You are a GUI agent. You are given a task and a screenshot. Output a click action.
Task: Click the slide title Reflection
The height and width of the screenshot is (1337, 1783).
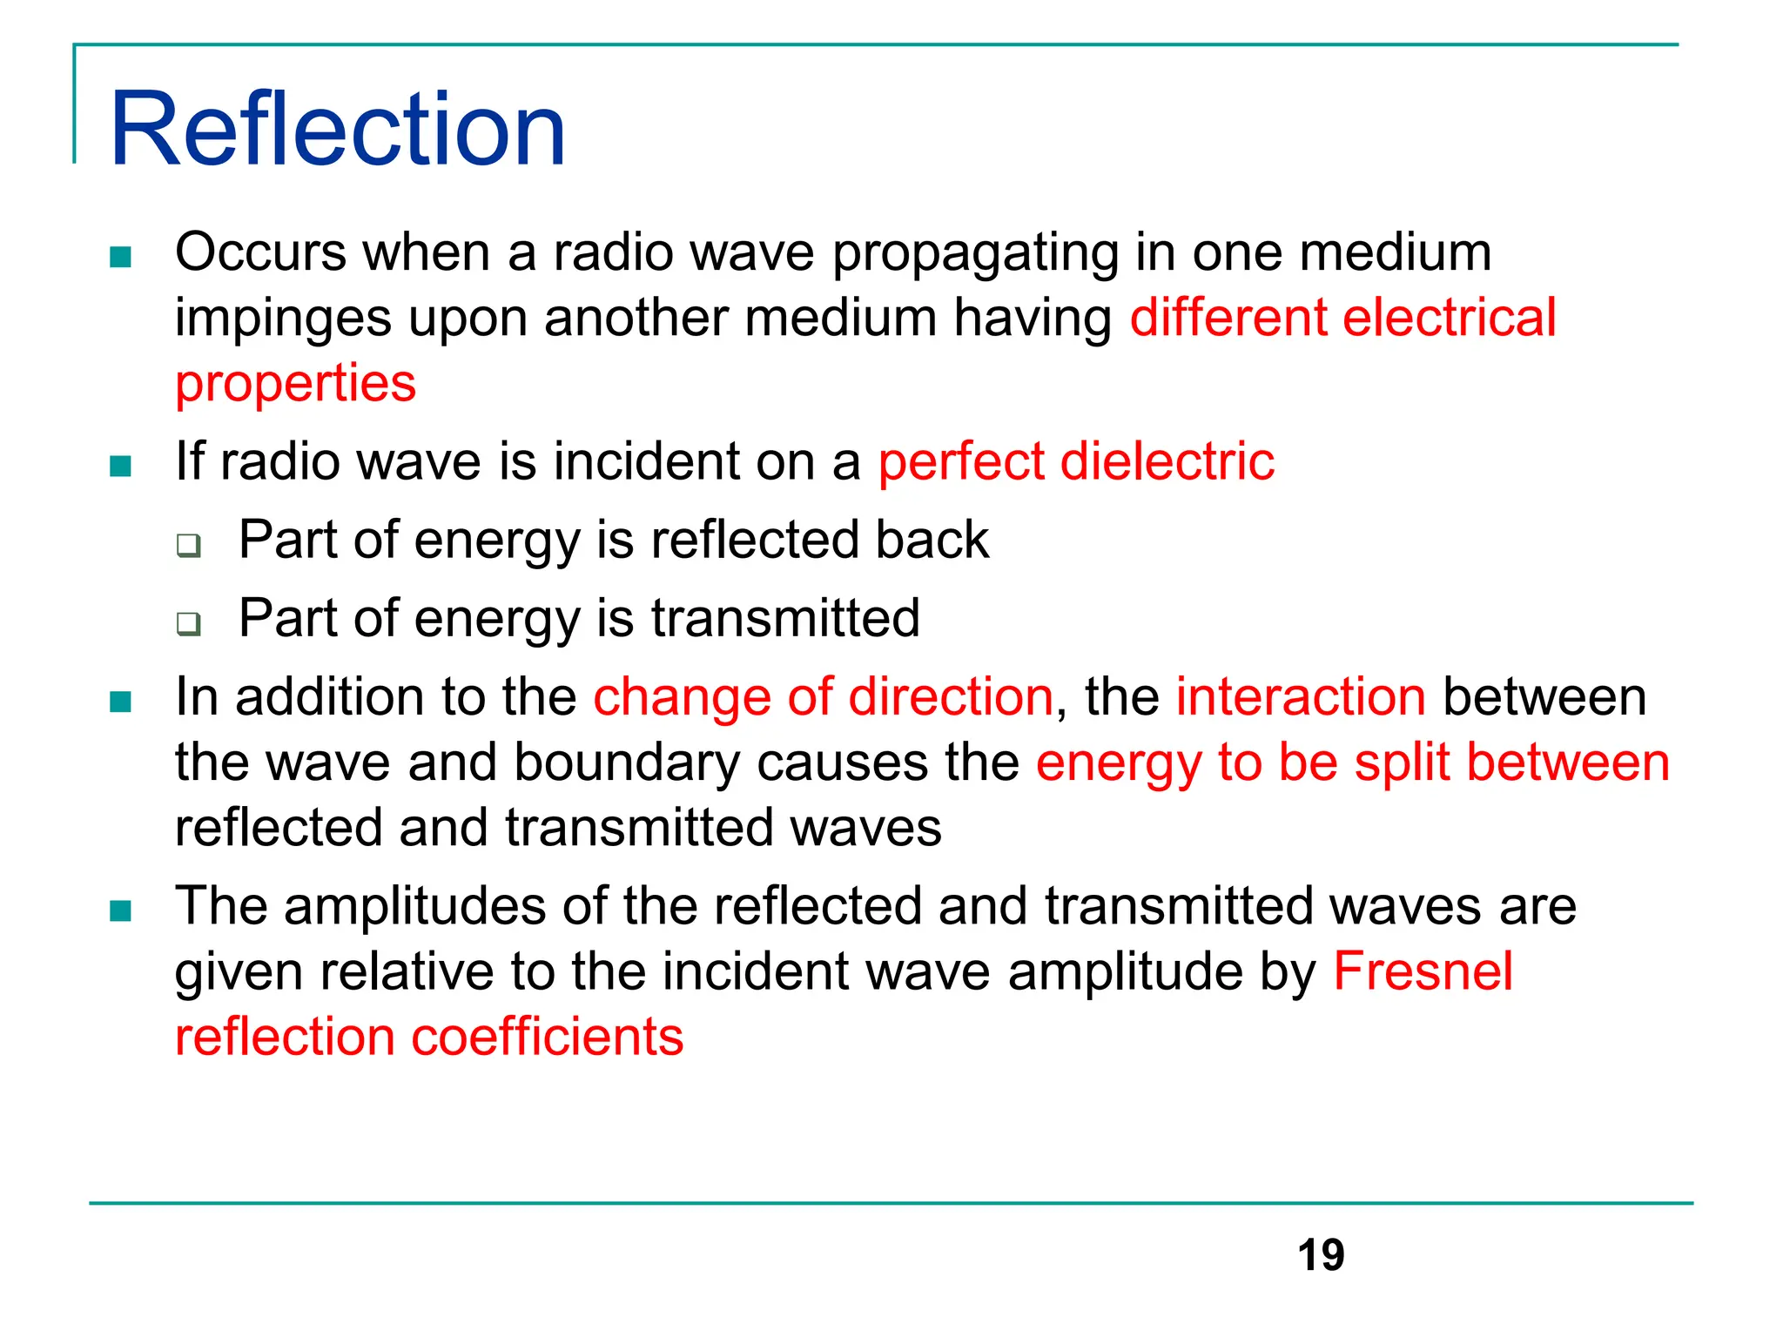pyautogui.click(x=338, y=131)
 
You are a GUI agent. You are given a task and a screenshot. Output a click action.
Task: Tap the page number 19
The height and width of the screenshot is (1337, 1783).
pyautogui.click(x=1320, y=1255)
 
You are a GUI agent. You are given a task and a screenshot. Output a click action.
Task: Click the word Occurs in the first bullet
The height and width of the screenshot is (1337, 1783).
pyautogui.click(x=260, y=252)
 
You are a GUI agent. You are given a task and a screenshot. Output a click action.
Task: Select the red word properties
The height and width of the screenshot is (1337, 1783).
pyautogui.click(x=295, y=383)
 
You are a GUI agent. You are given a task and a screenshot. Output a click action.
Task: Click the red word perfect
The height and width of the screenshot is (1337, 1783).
pyautogui.click(x=960, y=462)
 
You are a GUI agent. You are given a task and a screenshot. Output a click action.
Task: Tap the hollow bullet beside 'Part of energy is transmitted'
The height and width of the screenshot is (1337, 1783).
pyautogui.click(x=188, y=623)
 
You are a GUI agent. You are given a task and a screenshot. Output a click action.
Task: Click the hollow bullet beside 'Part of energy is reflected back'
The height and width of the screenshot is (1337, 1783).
pyautogui.click(x=188, y=545)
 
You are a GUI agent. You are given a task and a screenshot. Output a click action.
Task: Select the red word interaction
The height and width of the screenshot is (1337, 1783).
pyautogui.click(x=1301, y=697)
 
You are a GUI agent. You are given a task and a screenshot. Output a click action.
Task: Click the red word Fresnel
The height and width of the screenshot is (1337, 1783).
pyautogui.click(x=1423, y=971)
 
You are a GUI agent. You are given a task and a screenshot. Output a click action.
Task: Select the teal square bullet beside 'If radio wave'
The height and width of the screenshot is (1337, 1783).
pyautogui.click(x=120, y=467)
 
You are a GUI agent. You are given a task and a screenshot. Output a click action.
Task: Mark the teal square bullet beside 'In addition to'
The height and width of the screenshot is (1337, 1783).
pyautogui.click(x=120, y=702)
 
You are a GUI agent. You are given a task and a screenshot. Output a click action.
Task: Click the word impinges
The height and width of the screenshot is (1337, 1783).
pyautogui.click(x=283, y=319)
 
